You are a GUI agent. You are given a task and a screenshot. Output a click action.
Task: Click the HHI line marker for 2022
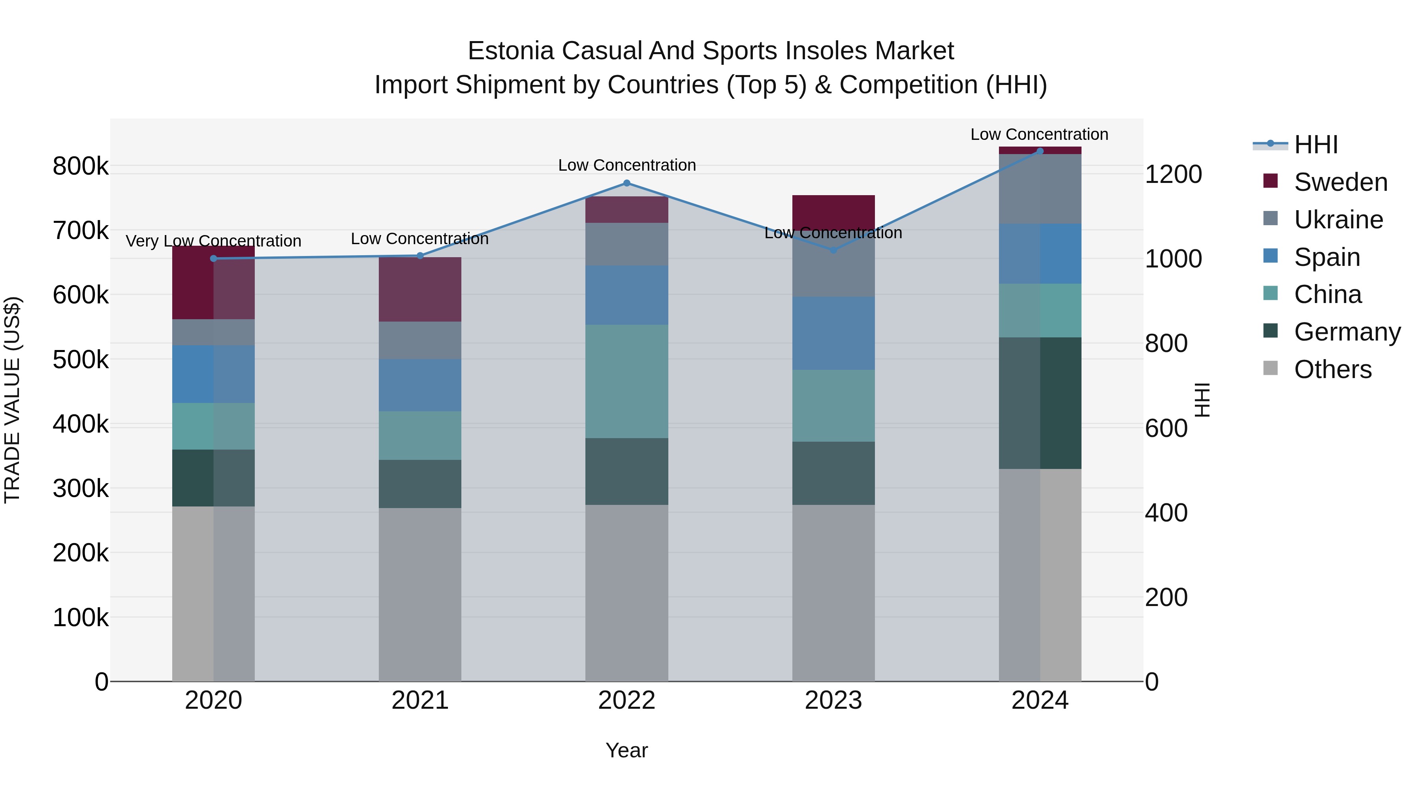click(626, 183)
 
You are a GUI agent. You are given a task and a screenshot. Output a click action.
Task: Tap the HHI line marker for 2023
click(833, 250)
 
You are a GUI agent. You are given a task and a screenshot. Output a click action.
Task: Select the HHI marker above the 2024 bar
click(1040, 151)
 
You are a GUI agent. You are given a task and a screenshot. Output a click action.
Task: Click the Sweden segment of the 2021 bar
click(420, 289)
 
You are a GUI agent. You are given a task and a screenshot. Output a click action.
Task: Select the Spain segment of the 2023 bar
click(833, 333)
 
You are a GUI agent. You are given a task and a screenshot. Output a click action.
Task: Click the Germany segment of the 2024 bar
click(1040, 403)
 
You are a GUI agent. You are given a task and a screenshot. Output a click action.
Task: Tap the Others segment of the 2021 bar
click(420, 595)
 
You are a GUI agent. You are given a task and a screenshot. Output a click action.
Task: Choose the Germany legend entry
click(1347, 332)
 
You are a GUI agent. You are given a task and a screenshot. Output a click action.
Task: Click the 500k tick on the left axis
click(81, 360)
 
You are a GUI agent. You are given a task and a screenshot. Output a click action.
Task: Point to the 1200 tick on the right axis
click(1174, 175)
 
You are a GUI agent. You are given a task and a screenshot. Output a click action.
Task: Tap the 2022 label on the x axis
click(626, 700)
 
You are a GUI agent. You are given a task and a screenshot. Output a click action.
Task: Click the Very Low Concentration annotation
click(214, 241)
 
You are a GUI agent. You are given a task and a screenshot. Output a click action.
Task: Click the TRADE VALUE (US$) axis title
click(12, 400)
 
